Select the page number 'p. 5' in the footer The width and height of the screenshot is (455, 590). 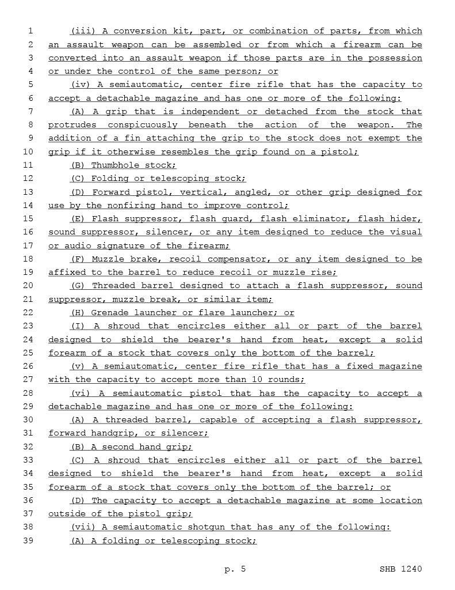(x=235, y=569)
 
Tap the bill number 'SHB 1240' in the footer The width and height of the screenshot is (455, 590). (x=400, y=569)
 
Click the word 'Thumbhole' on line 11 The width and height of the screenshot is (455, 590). (x=113, y=165)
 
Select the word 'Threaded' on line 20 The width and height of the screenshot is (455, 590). (x=113, y=286)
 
